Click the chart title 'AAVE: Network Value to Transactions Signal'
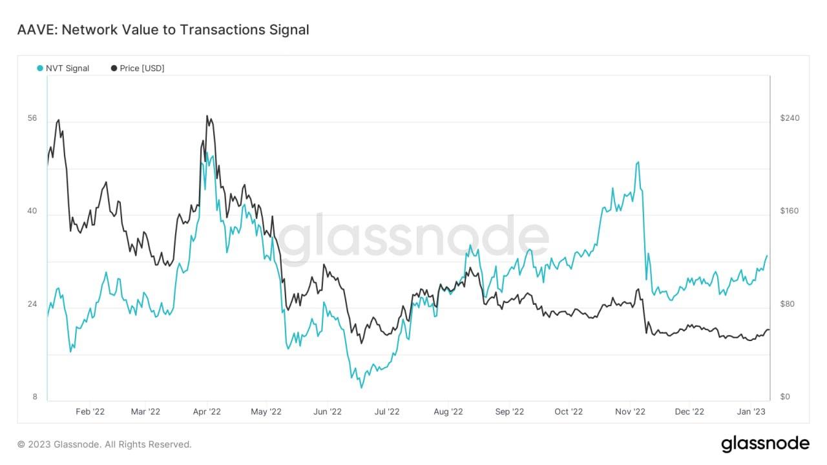tap(163, 30)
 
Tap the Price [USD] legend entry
tap(138, 68)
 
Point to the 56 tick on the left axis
tap(32, 119)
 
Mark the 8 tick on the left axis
tap(35, 397)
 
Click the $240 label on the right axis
tap(790, 118)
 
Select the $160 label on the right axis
tap(790, 211)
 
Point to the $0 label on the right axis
tap(785, 397)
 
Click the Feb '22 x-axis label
tap(90, 411)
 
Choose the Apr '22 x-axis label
tap(207, 411)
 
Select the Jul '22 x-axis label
tap(388, 411)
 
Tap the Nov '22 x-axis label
tap(630, 411)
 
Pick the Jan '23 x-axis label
tap(751, 411)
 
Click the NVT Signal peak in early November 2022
tap(638, 162)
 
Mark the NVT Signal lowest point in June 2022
tap(362, 387)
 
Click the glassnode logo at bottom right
tap(765, 444)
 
